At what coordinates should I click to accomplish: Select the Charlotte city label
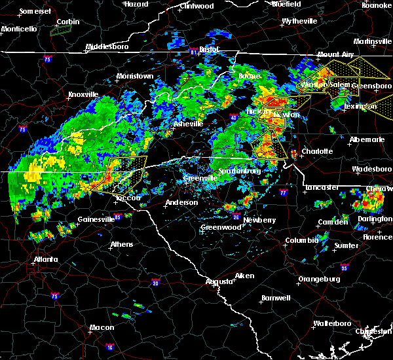pos(317,151)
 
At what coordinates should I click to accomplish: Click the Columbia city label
pos(302,241)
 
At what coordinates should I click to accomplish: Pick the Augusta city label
pos(219,281)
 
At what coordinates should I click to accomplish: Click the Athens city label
pos(122,244)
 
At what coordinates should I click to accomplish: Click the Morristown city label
pos(135,77)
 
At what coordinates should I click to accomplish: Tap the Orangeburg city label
pos(318,279)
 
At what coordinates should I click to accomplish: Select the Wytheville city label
pos(299,21)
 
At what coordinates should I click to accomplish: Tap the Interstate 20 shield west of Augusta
pos(155,282)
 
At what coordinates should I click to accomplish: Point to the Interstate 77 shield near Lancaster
pos(282,194)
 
